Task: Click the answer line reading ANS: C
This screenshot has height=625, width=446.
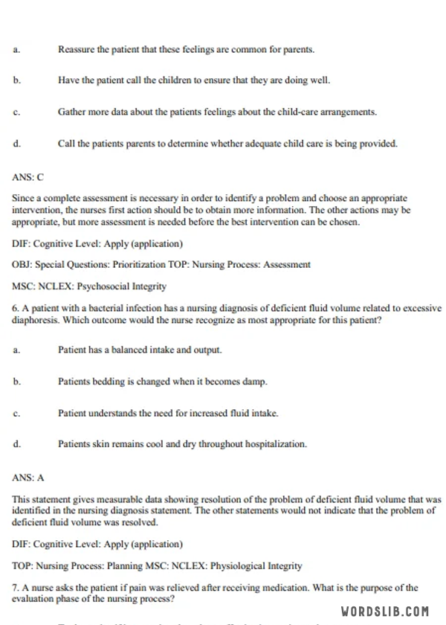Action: click(x=28, y=177)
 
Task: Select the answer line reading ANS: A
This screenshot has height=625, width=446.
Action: click(x=28, y=478)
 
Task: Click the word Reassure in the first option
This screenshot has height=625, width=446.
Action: click(x=77, y=50)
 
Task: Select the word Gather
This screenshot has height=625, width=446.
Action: click(x=72, y=112)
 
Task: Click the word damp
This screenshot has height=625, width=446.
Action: click(x=255, y=382)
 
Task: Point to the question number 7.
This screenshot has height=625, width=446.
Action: click(x=16, y=588)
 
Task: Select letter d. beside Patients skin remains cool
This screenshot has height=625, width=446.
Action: click(x=16, y=444)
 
